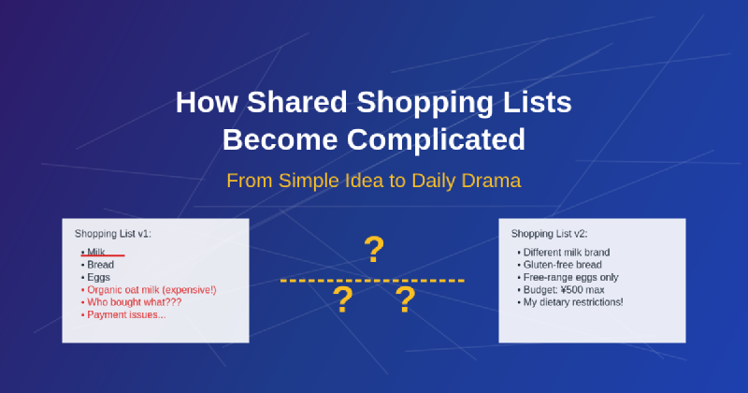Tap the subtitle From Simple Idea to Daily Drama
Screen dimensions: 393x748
click(373, 180)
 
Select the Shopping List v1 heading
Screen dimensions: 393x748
click(113, 233)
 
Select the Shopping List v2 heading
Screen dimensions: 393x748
click(550, 233)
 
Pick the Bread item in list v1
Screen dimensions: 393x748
click(100, 265)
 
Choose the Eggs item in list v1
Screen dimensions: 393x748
click(99, 277)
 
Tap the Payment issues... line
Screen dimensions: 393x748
click(125, 314)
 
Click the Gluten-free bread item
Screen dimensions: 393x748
click(564, 265)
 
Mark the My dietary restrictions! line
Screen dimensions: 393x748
click(572, 302)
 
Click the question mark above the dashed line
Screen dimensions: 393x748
click(374, 250)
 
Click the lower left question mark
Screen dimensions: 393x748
click(343, 300)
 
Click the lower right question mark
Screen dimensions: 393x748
click(405, 300)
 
